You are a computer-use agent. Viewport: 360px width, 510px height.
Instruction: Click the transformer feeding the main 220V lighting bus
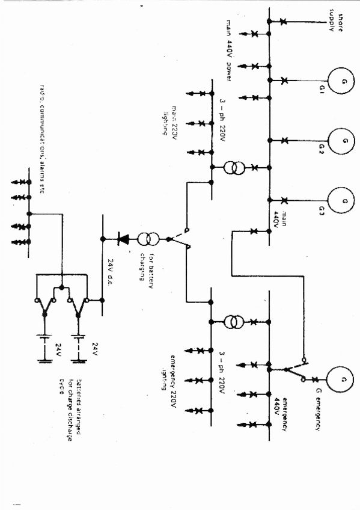234,168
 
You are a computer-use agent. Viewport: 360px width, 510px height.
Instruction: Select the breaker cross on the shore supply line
283,22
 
